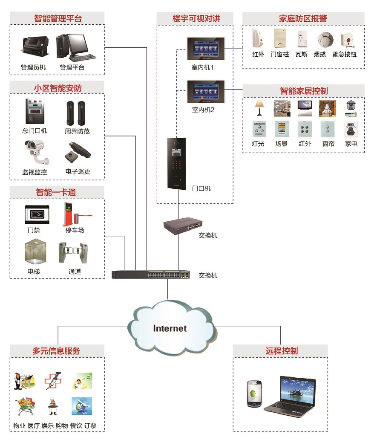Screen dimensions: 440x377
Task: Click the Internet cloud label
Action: (x=170, y=328)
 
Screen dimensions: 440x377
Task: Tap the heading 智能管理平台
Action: (x=58, y=18)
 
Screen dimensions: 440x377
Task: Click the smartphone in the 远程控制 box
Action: (x=254, y=393)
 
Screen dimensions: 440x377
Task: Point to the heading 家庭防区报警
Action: (x=303, y=18)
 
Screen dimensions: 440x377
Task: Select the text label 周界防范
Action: (x=77, y=132)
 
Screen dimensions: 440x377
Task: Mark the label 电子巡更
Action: (x=78, y=172)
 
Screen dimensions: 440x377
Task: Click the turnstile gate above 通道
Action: (x=75, y=253)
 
